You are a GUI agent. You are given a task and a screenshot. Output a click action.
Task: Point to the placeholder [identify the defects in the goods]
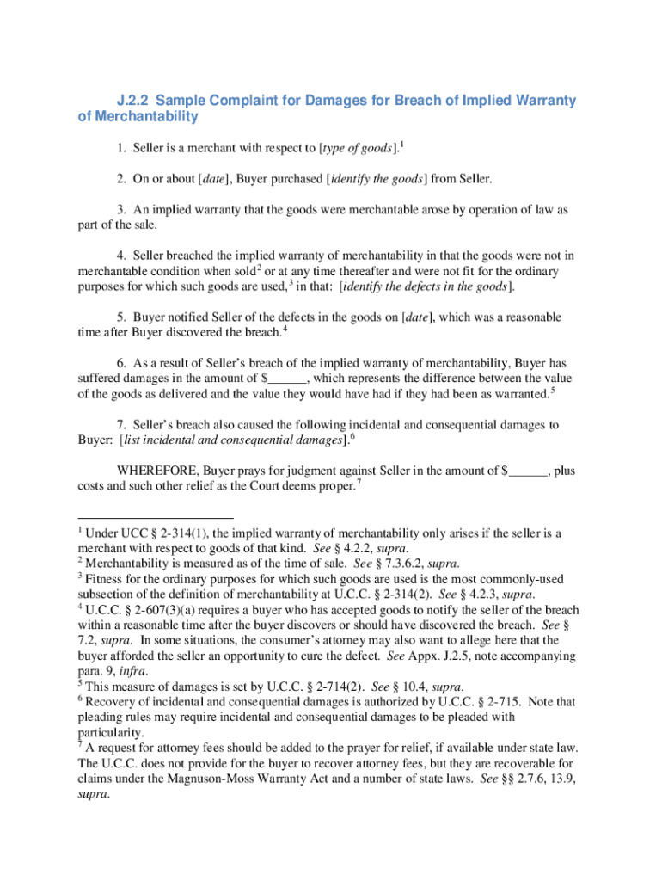[x=427, y=286]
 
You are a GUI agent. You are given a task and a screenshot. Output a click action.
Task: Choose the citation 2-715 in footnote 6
[x=506, y=702]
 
